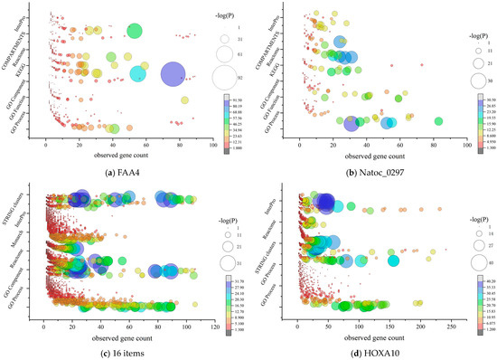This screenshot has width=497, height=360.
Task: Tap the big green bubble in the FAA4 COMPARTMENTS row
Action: coord(135,31)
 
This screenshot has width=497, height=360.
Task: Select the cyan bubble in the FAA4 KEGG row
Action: coord(138,73)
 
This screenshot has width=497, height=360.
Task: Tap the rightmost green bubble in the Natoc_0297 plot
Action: coord(438,120)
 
